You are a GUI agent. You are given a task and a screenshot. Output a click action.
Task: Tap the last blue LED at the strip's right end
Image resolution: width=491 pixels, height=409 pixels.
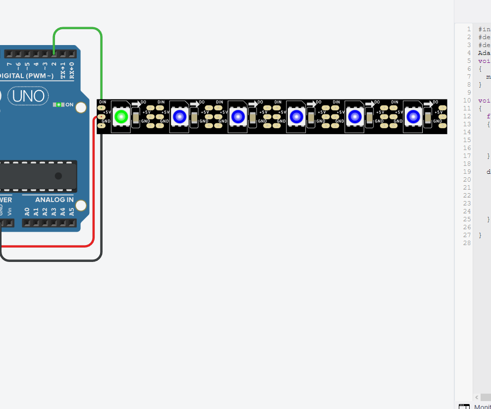(x=413, y=117)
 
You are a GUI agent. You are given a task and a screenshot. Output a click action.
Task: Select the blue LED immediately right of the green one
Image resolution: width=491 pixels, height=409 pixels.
(x=179, y=117)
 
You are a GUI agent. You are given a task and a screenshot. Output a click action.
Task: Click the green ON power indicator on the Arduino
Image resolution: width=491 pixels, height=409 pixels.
(x=59, y=104)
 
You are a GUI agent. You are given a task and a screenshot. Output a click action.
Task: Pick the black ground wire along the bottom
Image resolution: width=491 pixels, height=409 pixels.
(x=50, y=260)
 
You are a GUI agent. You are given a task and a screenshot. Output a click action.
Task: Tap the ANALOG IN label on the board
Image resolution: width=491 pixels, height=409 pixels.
(x=55, y=200)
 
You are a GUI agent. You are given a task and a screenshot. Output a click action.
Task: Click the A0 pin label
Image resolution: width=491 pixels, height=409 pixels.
(x=27, y=211)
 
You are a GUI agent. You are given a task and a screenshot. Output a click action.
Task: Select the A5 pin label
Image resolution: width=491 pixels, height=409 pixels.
(x=71, y=211)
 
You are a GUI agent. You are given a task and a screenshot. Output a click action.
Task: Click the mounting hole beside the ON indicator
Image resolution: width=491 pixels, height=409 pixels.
(x=81, y=107)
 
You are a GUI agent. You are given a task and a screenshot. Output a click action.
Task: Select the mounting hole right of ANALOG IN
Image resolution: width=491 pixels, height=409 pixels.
(x=81, y=205)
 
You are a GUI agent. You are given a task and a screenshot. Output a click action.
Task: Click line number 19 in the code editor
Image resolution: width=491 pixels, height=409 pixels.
(x=466, y=172)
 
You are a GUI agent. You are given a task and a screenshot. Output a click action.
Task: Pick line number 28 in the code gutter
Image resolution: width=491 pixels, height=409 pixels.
(x=466, y=243)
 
